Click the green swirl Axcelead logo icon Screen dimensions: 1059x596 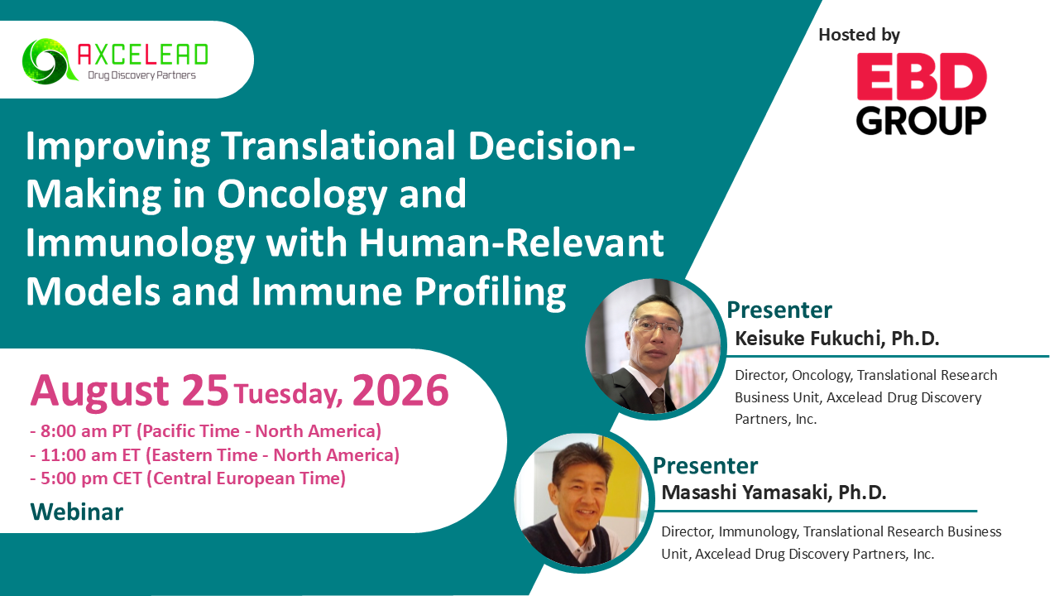(49, 61)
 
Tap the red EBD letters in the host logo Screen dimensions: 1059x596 (922, 76)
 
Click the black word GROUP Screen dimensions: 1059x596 (921, 120)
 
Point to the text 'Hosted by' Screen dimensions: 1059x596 (859, 35)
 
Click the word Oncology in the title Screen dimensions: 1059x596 (302, 195)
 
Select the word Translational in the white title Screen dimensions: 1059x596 (338, 146)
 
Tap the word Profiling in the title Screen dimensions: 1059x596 (491, 292)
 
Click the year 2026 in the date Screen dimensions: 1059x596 (400, 390)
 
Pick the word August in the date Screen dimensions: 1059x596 (99, 392)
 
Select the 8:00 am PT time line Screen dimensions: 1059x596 (206, 431)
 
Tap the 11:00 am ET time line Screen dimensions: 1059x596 (214, 454)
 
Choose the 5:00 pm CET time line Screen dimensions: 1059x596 (188, 478)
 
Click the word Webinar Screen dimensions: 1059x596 (77, 512)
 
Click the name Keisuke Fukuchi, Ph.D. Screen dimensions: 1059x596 (836, 339)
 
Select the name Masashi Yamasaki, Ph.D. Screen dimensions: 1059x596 (774, 493)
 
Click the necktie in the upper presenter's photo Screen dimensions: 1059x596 (658, 400)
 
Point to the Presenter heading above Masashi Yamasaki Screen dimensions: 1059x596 (705, 466)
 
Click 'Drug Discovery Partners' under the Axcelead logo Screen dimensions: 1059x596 (141, 75)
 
